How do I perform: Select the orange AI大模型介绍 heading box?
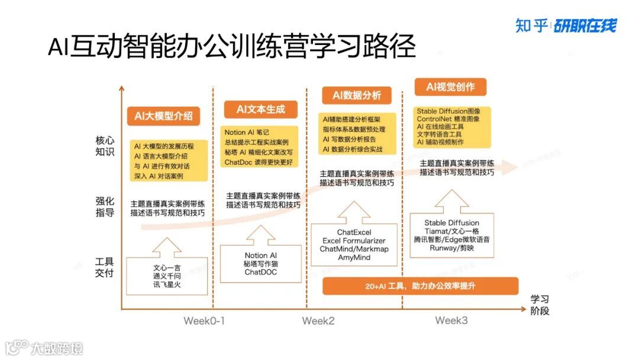[163, 116]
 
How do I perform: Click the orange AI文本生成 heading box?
[260, 109]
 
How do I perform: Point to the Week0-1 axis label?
[204, 321]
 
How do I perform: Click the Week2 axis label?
[318, 321]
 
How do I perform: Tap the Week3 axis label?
[451, 320]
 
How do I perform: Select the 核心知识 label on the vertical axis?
[105, 147]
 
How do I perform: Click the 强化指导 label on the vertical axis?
[105, 206]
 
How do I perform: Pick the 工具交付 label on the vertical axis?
[105, 267]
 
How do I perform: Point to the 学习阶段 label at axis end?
[540, 304]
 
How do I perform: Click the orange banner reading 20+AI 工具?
[420, 286]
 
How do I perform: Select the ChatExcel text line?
[354, 233]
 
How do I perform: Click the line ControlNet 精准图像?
[448, 119]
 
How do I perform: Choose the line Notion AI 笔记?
[247, 132]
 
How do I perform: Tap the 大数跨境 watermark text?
[57, 348]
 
